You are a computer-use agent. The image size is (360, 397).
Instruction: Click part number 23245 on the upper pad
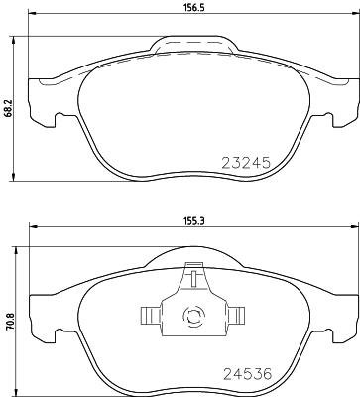point(245,161)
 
